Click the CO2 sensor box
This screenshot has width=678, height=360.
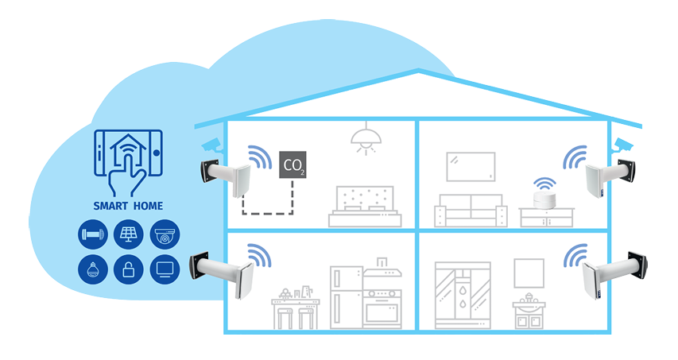coord(293,165)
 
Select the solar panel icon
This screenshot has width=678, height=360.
coord(128,234)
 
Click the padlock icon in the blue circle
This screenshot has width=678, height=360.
coord(128,269)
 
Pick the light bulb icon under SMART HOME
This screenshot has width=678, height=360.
coord(91,269)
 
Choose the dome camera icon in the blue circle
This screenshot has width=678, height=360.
coord(165,234)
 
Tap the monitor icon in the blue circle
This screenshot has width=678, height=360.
coord(165,269)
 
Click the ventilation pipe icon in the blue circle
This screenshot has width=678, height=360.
coord(91,234)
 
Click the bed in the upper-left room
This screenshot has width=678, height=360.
coord(362,206)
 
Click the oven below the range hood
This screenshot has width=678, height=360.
coord(382,305)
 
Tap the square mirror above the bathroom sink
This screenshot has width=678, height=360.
coord(529,273)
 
